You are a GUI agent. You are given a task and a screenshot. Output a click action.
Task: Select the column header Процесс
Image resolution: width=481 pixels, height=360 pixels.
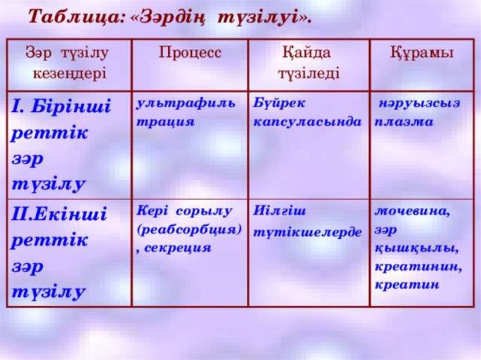click(x=190, y=53)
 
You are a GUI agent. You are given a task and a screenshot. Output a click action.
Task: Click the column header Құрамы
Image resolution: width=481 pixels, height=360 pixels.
click(x=421, y=53)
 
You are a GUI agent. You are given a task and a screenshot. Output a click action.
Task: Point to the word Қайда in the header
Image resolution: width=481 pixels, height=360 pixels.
click(x=307, y=53)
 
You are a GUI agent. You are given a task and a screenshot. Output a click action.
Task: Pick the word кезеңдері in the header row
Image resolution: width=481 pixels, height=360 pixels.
click(x=70, y=74)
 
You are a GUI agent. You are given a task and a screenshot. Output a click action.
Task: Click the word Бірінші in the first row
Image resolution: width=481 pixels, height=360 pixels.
click(x=71, y=106)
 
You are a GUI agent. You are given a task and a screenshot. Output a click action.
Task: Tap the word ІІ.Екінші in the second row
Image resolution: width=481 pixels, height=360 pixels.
click(x=59, y=214)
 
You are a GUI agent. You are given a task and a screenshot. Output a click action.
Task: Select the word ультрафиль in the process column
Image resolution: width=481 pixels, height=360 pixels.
click(x=186, y=103)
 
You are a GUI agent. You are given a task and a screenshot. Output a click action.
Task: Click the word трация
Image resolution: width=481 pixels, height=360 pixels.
click(x=165, y=122)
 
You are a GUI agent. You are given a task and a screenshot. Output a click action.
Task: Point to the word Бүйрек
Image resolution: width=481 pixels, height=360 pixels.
click(x=279, y=103)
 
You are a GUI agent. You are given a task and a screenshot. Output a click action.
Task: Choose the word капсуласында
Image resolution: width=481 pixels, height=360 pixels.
click(x=308, y=122)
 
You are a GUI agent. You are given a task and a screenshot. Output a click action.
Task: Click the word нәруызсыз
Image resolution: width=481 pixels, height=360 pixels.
click(x=419, y=103)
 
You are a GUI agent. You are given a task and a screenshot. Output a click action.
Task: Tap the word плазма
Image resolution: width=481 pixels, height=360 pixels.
click(x=403, y=122)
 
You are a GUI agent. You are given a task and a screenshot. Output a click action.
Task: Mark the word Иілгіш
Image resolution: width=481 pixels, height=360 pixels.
click(x=279, y=211)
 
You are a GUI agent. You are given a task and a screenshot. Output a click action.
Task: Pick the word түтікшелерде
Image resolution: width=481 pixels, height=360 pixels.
click(x=307, y=232)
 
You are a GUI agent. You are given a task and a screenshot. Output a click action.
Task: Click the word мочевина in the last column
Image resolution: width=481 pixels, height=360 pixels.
click(x=412, y=212)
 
